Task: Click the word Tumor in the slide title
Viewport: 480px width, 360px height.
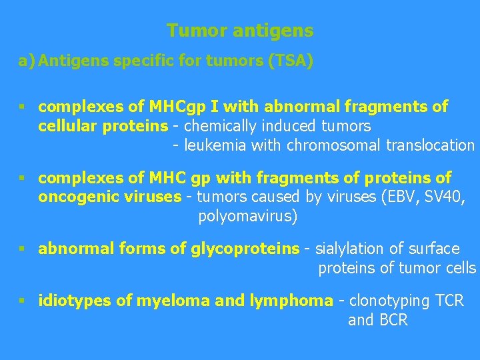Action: point(189,31)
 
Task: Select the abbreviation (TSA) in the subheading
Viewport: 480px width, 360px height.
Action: point(290,62)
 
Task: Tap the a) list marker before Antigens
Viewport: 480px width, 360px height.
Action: point(27,62)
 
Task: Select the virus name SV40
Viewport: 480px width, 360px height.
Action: point(442,197)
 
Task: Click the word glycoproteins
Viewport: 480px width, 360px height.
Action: point(245,249)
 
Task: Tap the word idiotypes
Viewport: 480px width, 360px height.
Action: point(75,301)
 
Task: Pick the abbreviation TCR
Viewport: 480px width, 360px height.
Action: point(449,301)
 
